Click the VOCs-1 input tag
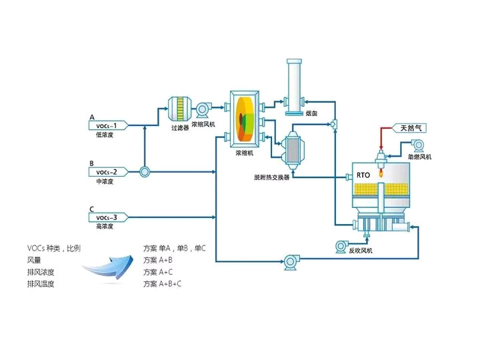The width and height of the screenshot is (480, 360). click(x=107, y=125)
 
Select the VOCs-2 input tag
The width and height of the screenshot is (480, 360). click(x=107, y=171)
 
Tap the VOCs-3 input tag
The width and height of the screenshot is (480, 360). click(x=107, y=217)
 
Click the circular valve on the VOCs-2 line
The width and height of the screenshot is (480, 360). click(x=143, y=172)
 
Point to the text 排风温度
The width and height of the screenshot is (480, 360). click(x=41, y=284)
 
